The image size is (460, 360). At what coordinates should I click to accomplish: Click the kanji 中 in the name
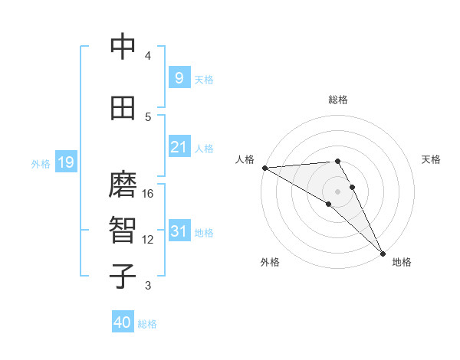(x=123, y=47)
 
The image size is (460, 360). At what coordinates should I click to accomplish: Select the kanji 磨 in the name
(x=123, y=185)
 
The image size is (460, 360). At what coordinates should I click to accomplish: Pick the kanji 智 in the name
(x=123, y=231)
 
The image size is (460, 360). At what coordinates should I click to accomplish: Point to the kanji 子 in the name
(x=123, y=277)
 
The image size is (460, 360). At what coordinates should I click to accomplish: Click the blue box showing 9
(x=179, y=78)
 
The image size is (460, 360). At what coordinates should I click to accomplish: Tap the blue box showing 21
(x=179, y=147)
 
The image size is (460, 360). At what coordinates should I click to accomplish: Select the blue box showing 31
(x=179, y=231)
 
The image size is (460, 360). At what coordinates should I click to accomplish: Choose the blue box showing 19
(x=65, y=162)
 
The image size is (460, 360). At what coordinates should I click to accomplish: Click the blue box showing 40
(x=123, y=322)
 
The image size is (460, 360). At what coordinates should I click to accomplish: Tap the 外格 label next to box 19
(x=41, y=163)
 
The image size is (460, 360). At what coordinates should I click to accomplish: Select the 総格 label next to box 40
(x=147, y=324)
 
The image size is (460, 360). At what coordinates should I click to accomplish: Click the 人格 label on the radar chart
(x=245, y=159)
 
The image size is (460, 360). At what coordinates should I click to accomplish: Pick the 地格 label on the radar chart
(x=402, y=262)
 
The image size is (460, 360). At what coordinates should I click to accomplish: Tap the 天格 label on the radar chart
(x=432, y=159)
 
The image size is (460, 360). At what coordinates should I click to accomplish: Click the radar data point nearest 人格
(x=264, y=168)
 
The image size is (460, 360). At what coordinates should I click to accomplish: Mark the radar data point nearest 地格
(x=383, y=254)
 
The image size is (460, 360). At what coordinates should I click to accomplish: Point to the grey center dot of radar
(x=337, y=191)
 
